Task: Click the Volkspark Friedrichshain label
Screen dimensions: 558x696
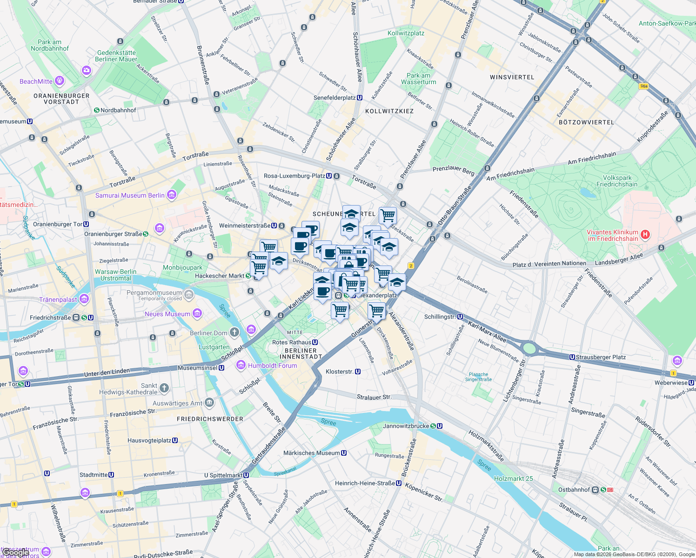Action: pyautogui.click(x=617, y=181)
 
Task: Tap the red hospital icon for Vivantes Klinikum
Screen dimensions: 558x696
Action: pyautogui.click(x=645, y=234)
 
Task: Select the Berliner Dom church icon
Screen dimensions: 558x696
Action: pyautogui.click(x=234, y=332)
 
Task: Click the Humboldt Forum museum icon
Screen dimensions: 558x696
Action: pyautogui.click(x=241, y=365)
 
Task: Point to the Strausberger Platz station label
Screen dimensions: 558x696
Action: pyautogui.click(x=601, y=357)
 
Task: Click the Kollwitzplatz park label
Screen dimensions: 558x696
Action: pyautogui.click(x=406, y=33)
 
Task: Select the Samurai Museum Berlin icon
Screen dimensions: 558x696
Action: pyautogui.click(x=172, y=194)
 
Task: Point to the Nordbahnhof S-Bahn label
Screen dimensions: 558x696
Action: pyautogui.click(x=118, y=110)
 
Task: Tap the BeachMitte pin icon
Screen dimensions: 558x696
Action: pyautogui.click(x=59, y=81)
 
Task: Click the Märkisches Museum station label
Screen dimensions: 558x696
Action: pyautogui.click(x=312, y=453)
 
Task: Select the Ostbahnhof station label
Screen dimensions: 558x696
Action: pyautogui.click(x=574, y=490)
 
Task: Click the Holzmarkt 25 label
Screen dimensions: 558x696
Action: pyautogui.click(x=513, y=478)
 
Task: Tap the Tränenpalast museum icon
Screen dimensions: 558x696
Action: pyautogui.click(x=84, y=299)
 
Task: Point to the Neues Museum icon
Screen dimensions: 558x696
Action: pyautogui.click(x=197, y=313)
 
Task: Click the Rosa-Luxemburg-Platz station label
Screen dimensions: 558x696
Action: pyautogui.click(x=294, y=176)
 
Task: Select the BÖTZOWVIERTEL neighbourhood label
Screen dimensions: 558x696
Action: pyautogui.click(x=586, y=122)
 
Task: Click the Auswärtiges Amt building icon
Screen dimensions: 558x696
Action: pyautogui.click(x=209, y=403)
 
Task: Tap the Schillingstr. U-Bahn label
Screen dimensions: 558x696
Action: pyautogui.click(x=440, y=317)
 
